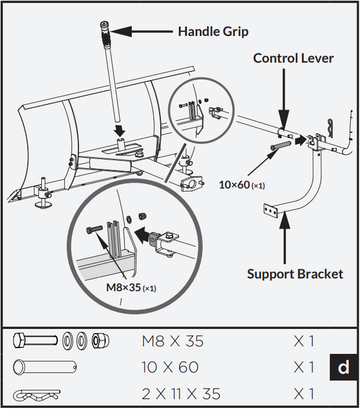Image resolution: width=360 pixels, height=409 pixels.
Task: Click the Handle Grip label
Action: click(213, 31)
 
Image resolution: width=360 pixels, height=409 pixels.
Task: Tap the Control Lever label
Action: click(293, 58)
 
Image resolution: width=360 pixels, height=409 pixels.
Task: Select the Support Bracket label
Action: click(295, 273)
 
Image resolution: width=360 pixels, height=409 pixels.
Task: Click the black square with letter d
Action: click(344, 367)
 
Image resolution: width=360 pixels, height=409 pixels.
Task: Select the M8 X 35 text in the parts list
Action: click(172, 341)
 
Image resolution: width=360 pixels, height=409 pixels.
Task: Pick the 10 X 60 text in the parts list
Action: click(170, 367)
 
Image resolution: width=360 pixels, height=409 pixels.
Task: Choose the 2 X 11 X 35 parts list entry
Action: click(181, 394)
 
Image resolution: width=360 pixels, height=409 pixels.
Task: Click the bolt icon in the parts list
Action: click(35, 341)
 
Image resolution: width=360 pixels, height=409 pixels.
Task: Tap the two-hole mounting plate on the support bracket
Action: click(271, 209)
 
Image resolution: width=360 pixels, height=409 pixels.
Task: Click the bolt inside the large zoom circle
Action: click(96, 230)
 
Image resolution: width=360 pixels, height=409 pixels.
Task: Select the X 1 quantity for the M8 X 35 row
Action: click(304, 341)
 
